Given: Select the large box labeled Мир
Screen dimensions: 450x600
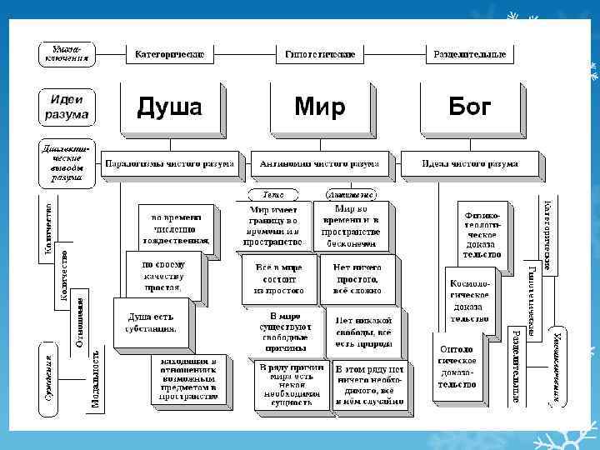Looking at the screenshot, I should pyautogui.click(x=319, y=107).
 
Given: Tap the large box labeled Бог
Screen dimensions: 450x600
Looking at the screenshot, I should pyautogui.click(x=469, y=107).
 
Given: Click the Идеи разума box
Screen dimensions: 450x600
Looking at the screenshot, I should pyautogui.click(x=65, y=107).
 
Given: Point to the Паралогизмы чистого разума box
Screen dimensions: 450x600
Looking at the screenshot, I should pyautogui.click(x=170, y=164).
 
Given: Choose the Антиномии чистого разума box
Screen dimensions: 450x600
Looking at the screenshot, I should pyautogui.click(x=320, y=164).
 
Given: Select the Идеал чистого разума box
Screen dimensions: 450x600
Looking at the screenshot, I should pyautogui.click(x=469, y=164).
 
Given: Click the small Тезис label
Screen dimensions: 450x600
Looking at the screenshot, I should pyautogui.click(x=273, y=194).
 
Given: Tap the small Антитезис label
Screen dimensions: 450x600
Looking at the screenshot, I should pyautogui.click(x=343, y=194).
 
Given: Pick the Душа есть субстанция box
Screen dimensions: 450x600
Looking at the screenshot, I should pyautogui.click(x=151, y=323).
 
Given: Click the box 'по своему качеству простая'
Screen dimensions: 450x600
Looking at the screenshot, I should pyautogui.click(x=163, y=275).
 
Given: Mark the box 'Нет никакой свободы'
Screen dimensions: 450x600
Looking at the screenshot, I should pyautogui.click(x=363, y=331).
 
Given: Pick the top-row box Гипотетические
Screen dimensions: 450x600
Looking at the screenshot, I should pyautogui.click(x=319, y=54).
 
